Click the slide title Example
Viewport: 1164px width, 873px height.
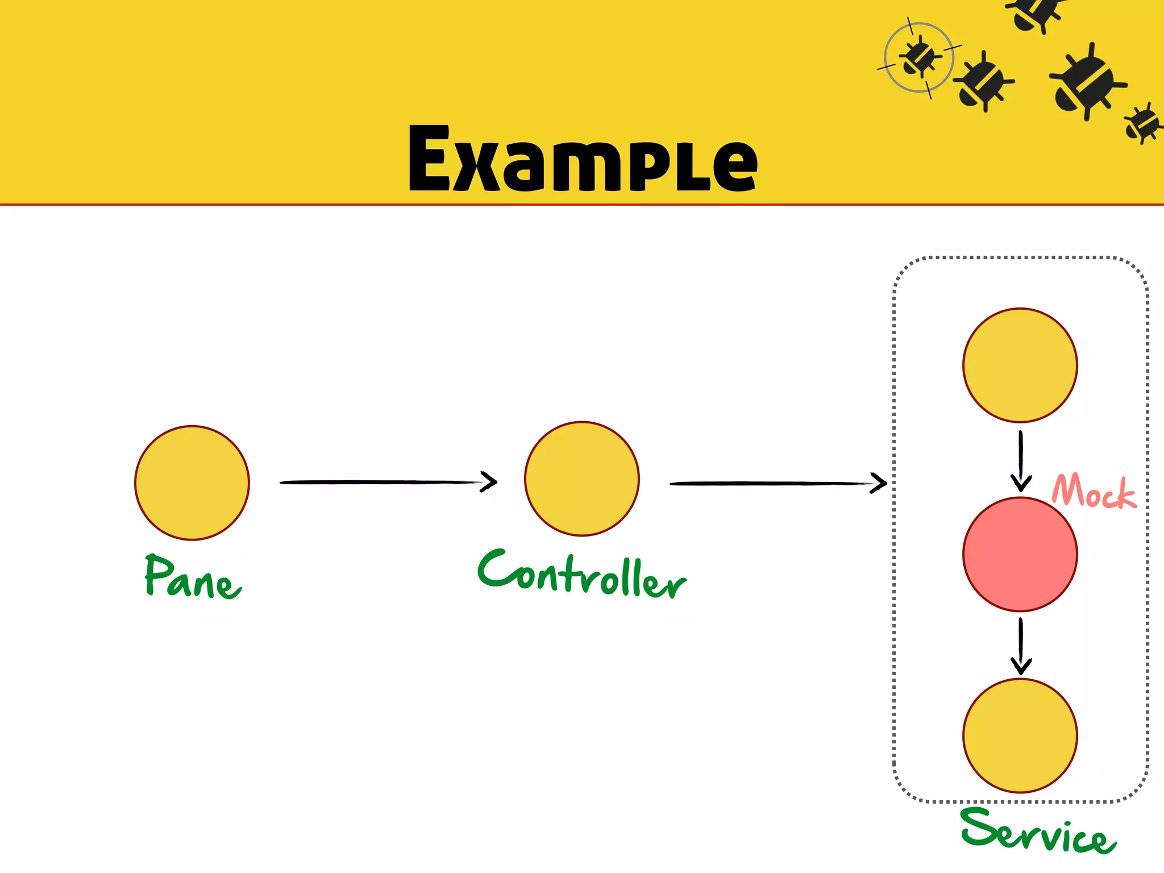[583, 159]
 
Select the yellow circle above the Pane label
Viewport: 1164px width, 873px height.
[192, 483]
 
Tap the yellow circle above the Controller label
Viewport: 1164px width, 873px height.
[582, 479]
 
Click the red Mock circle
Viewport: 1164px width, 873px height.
[1020, 554]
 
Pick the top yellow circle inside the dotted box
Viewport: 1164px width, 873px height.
[1020, 365]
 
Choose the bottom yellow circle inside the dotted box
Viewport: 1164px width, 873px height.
[1020, 735]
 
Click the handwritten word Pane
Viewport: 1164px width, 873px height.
[192, 577]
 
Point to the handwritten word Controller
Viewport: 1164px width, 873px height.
[582, 574]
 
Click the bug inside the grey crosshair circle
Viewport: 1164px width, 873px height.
[918, 57]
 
